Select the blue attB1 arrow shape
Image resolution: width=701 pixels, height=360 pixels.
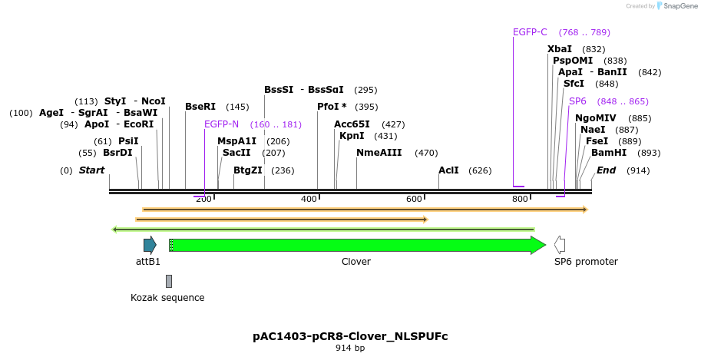pyautogui.click(x=150, y=245)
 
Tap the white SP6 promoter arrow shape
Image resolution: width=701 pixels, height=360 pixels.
pyautogui.click(x=560, y=245)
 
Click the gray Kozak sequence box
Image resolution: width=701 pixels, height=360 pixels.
pyautogui.click(x=169, y=281)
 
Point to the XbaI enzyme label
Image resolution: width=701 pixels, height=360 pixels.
pyautogui.click(x=559, y=49)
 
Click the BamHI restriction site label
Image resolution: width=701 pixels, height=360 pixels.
pyautogui.click(x=608, y=153)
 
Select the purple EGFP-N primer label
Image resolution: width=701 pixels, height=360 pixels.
pyautogui.click(x=221, y=124)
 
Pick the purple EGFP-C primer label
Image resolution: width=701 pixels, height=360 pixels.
pyautogui.click(x=530, y=32)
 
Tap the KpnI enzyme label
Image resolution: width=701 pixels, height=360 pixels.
pyautogui.click(x=352, y=136)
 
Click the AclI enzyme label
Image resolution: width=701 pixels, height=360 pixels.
pyautogui.click(x=448, y=170)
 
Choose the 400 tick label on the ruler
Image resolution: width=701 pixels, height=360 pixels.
pyautogui.click(x=309, y=200)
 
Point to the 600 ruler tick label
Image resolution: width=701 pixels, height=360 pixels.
pyautogui.click(x=414, y=200)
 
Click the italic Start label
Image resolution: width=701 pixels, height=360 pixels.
pyautogui.click(x=91, y=170)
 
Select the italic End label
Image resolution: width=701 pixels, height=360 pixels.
pyautogui.click(x=606, y=170)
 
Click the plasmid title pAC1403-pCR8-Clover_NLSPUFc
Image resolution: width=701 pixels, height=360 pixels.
pyautogui.click(x=350, y=336)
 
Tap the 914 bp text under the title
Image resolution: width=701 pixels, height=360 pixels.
pyautogui.click(x=350, y=348)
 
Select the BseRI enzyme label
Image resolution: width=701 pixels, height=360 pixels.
pyautogui.click(x=200, y=107)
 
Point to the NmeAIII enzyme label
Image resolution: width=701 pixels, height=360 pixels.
pyautogui.click(x=379, y=153)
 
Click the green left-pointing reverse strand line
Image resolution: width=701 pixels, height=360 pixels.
pyautogui.click(x=322, y=229)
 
